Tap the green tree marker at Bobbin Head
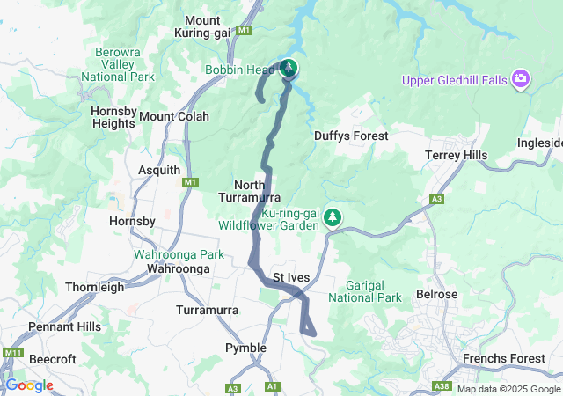pos(289,69)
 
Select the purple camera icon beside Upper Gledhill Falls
pos(522,80)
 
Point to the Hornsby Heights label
pos(113,117)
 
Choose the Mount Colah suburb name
pos(174,116)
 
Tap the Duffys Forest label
pos(351,136)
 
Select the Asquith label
pos(159,170)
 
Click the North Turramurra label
pos(258,192)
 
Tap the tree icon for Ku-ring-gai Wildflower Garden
pos(333,216)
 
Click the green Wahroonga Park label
pos(179,254)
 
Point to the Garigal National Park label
pos(364,291)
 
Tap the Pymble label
pos(245,348)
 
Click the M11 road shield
pos(12,353)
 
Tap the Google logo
pos(29,385)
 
